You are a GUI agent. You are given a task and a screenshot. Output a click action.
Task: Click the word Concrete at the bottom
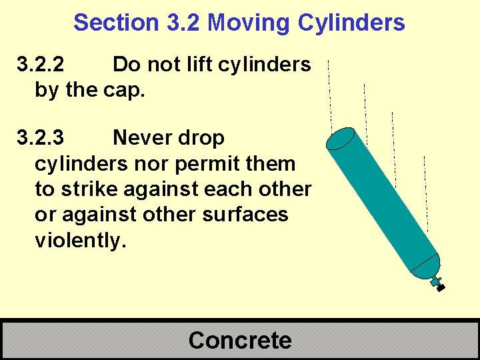pos(240,340)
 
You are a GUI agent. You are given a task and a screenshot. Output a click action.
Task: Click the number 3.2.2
pos(41,65)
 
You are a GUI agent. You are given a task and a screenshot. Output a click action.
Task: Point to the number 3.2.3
pos(41,138)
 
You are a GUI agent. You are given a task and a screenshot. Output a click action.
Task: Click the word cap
pos(125,91)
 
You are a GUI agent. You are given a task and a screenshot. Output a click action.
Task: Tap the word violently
pos(80,240)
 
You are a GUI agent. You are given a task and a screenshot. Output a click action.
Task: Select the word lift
pos(192,65)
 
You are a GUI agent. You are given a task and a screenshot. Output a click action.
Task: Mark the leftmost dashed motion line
pos(330,93)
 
